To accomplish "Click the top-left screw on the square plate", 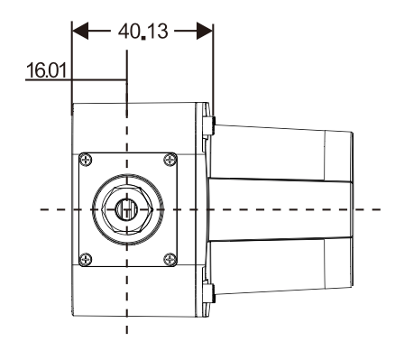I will pyautogui.click(x=85, y=161).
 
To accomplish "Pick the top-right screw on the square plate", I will pyautogui.click(x=170, y=161).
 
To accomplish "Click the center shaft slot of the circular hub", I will pyautogui.click(x=127, y=208).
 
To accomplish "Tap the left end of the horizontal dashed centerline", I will pyautogui.click(x=41, y=209).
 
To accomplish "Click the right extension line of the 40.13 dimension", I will pyautogui.click(x=213, y=72).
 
